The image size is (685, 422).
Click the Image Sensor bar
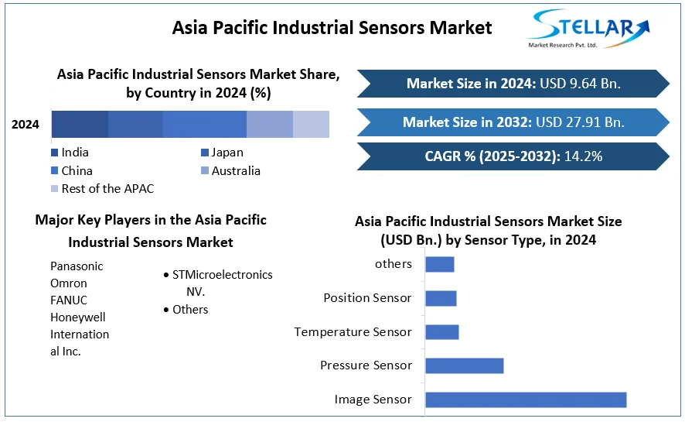pyautogui.click(x=526, y=400)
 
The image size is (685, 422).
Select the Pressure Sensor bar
pyautogui.click(x=464, y=365)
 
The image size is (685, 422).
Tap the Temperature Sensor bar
pyautogui.click(x=441, y=332)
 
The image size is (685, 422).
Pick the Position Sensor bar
pyautogui.click(x=441, y=298)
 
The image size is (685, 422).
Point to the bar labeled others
pyautogui.click(x=439, y=264)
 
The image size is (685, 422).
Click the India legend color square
pyautogui.click(x=55, y=153)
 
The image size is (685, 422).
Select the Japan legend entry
pyautogui.click(x=227, y=153)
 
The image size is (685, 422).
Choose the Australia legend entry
pyautogui.click(x=235, y=171)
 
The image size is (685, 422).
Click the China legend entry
pyautogui.click(x=77, y=171)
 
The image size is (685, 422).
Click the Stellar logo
pyautogui.click(x=588, y=29)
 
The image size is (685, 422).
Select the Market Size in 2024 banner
pyautogui.click(x=513, y=84)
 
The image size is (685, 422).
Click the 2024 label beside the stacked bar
pyautogui.click(x=26, y=124)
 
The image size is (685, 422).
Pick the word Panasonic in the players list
pyautogui.click(x=77, y=266)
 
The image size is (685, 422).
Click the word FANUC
pyautogui.click(x=68, y=300)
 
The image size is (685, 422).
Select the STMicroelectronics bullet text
pyautogui.click(x=222, y=275)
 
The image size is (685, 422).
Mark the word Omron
pyautogui.click(x=69, y=283)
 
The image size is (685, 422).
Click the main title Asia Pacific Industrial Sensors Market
pyautogui.click(x=332, y=28)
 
